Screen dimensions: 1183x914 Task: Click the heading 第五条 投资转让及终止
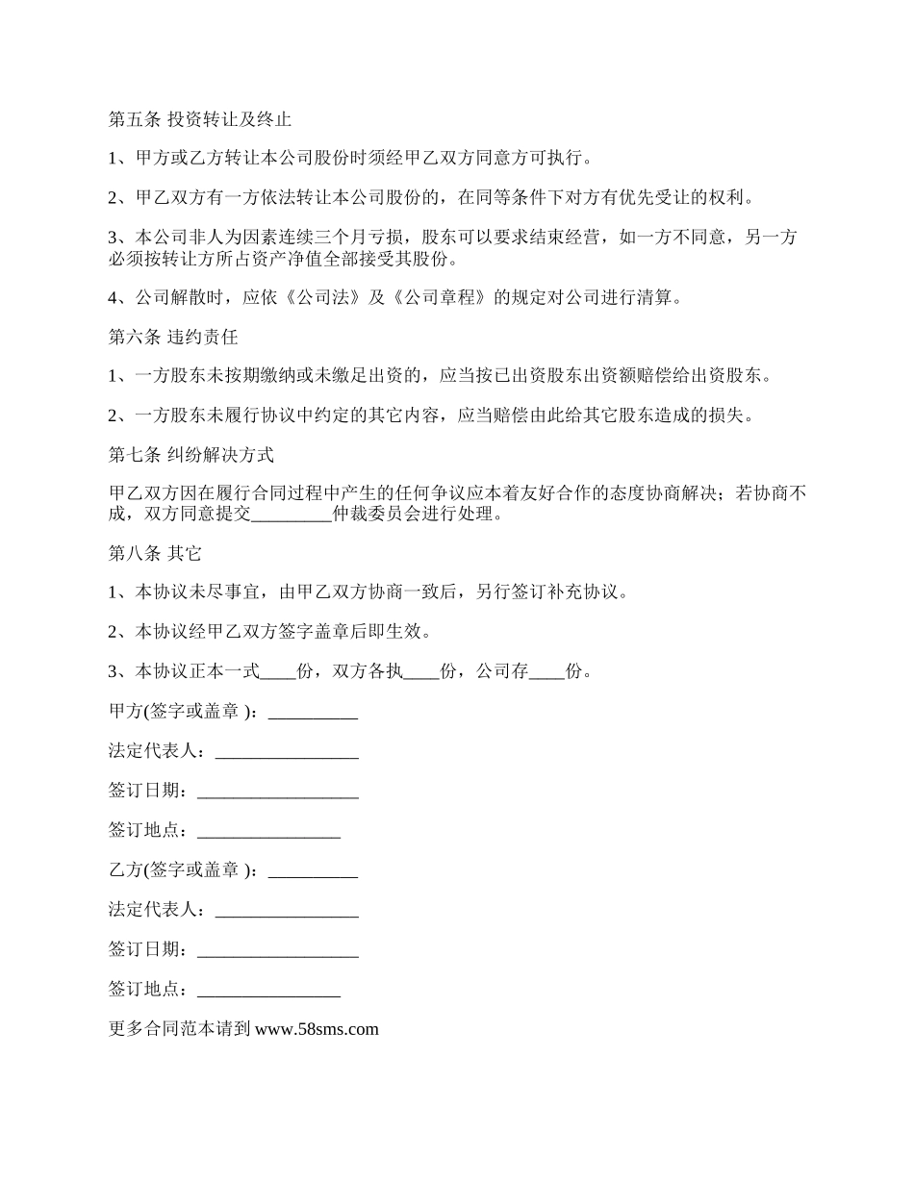[200, 120]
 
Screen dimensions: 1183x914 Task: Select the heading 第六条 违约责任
[173, 338]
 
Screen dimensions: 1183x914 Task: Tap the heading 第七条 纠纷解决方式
[191, 455]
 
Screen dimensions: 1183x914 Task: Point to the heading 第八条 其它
[155, 554]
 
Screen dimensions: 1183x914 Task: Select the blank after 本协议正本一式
[279, 672]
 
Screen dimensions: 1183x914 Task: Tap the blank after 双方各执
[421, 672]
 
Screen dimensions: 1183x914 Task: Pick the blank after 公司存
[547, 672]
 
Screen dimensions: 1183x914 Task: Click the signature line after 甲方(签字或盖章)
[313, 713]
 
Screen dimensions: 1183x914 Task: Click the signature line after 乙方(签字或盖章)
[313, 871]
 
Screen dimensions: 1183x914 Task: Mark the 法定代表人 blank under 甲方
[287, 752]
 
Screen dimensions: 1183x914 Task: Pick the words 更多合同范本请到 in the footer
[181, 1029]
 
